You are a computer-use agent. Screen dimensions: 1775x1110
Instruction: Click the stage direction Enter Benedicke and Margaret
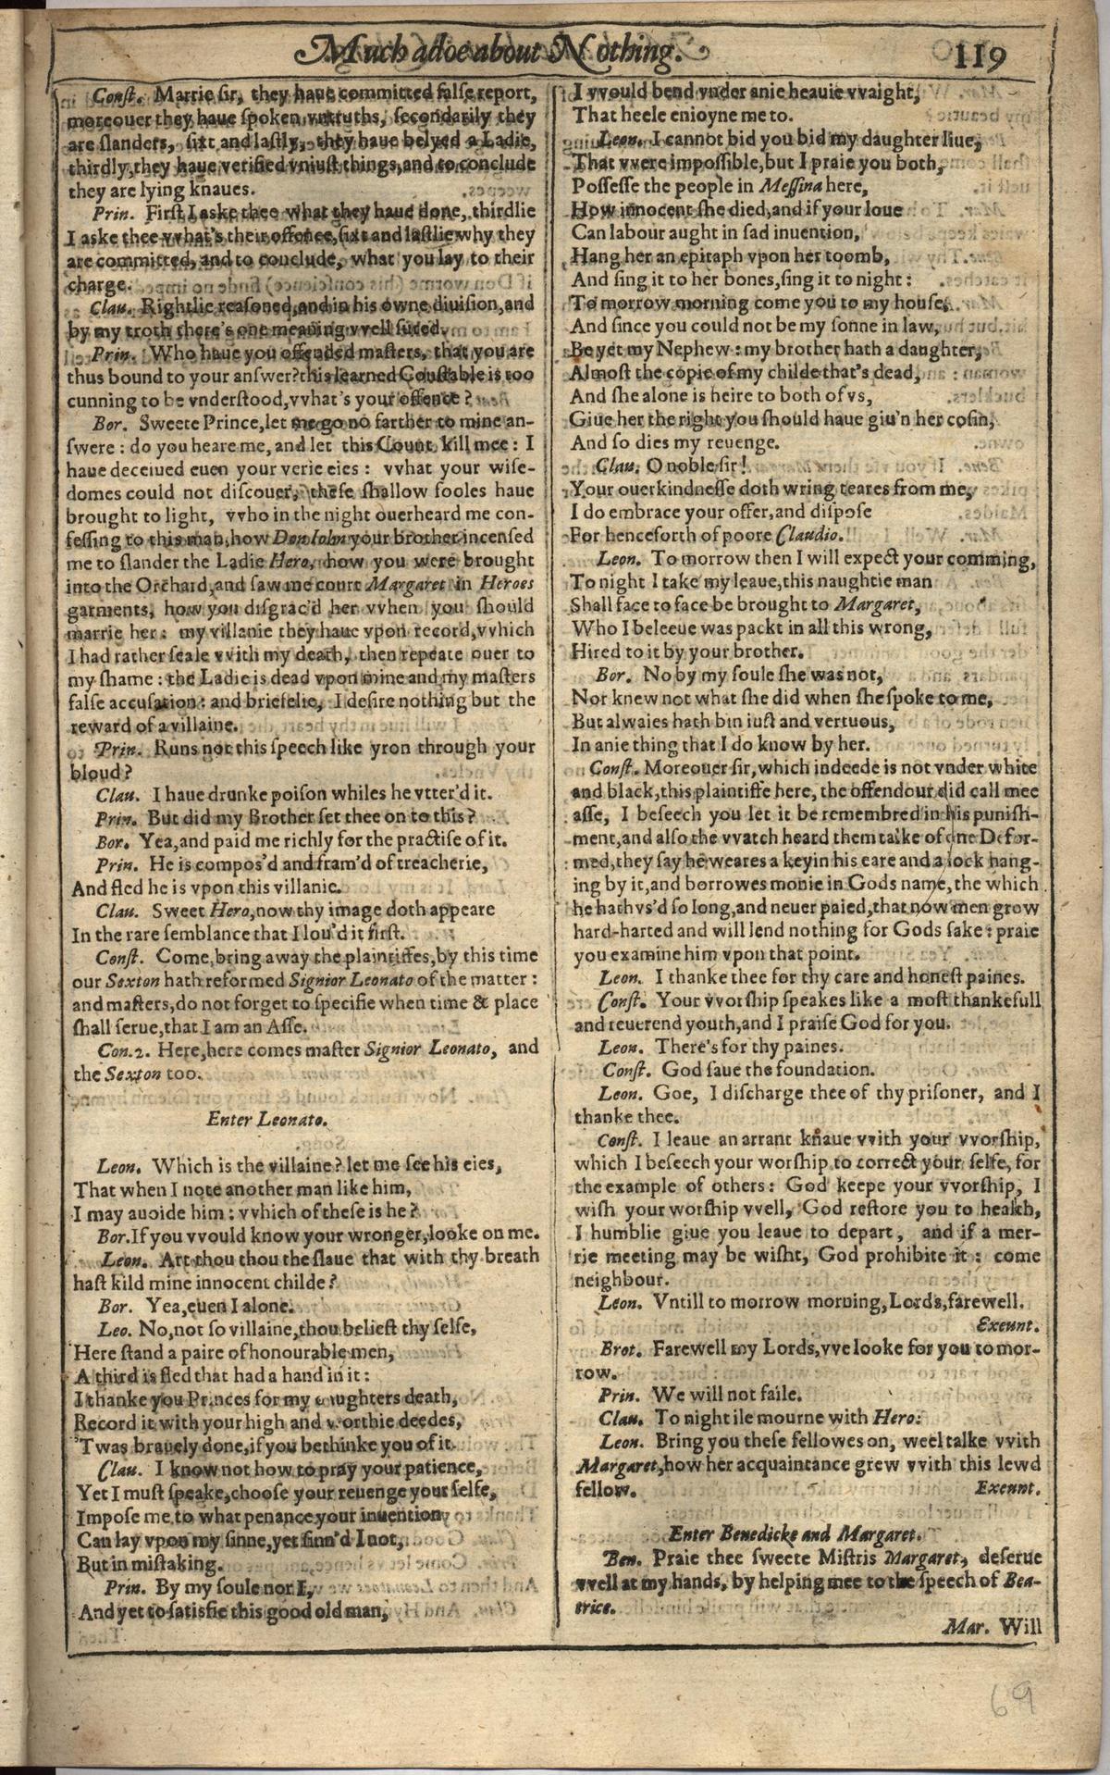791,1531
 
